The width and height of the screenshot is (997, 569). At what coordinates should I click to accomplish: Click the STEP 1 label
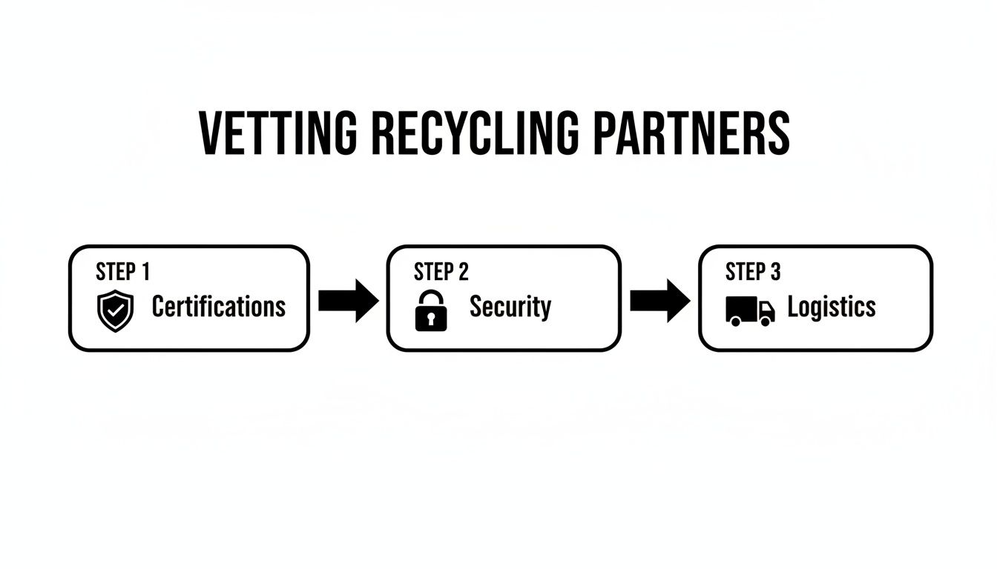pyautogui.click(x=122, y=272)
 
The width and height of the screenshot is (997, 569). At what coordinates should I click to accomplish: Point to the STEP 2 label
pyautogui.click(x=441, y=272)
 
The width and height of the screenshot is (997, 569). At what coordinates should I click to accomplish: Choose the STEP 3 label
pyautogui.click(x=752, y=272)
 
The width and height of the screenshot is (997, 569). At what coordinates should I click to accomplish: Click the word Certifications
pyautogui.click(x=218, y=306)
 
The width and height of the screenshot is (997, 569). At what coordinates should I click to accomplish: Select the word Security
pyautogui.click(x=510, y=306)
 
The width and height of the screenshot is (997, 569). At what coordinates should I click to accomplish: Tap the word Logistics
pyautogui.click(x=831, y=306)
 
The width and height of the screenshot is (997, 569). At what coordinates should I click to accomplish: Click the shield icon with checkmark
pyautogui.click(x=116, y=310)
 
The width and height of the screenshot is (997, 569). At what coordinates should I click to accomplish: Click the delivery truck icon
pyautogui.click(x=749, y=310)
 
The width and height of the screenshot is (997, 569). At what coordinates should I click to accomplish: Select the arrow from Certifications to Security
pyautogui.click(x=348, y=301)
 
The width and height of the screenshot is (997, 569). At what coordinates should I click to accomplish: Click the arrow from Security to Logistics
pyautogui.click(x=659, y=301)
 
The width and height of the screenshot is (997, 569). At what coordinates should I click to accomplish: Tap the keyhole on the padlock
pyautogui.click(x=431, y=319)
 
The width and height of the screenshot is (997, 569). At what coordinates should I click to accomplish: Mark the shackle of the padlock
pyautogui.click(x=431, y=299)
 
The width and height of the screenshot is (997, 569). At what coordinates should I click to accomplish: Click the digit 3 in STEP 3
pyautogui.click(x=775, y=272)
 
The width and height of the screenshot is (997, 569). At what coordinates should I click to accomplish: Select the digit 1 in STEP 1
pyautogui.click(x=145, y=272)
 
